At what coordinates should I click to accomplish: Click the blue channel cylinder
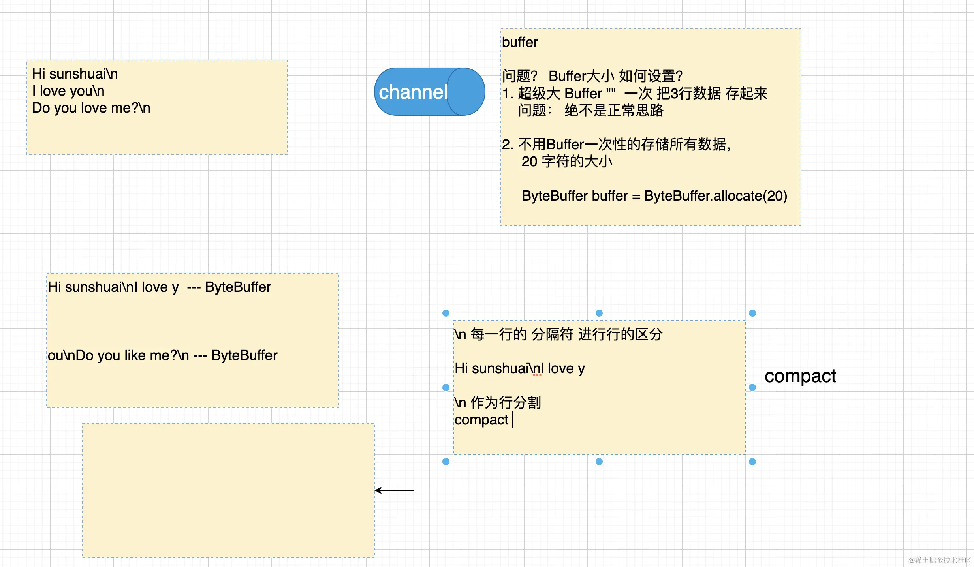pyautogui.click(x=429, y=92)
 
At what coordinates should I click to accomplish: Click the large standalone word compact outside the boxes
pyautogui.click(x=800, y=376)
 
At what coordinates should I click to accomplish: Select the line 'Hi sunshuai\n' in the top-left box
pyautogui.click(x=75, y=74)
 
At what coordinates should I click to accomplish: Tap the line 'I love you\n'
pyautogui.click(x=68, y=91)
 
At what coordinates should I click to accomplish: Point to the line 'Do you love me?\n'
pyautogui.click(x=91, y=108)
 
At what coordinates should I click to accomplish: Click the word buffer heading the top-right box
pyautogui.click(x=520, y=42)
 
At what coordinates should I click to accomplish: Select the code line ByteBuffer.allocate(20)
pyautogui.click(x=654, y=196)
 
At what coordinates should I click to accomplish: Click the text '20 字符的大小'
pyautogui.click(x=567, y=161)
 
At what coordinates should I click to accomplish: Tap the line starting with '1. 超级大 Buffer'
pyautogui.click(x=634, y=94)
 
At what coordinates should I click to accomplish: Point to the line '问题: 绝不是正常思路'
pyautogui.click(x=591, y=111)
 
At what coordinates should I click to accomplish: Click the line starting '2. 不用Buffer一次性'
pyautogui.click(x=616, y=145)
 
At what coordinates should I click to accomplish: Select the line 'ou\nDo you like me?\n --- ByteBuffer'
pyautogui.click(x=162, y=355)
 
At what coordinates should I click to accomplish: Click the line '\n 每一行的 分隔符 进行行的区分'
pyautogui.click(x=558, y=334)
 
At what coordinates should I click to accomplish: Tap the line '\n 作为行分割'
pyautogui.click(x=498, y=403)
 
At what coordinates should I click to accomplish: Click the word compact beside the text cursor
pyautogui.click(x=481, y=420)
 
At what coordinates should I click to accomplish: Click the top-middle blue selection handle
pyautogui.click(x=599, y=313)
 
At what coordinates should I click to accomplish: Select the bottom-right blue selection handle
pyautogui.click(x=752, y=462)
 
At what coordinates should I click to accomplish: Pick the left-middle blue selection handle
pyautogui.click(x=446, y=387)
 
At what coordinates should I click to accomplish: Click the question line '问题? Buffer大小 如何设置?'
pyautogui.click(x=592, y=76)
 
